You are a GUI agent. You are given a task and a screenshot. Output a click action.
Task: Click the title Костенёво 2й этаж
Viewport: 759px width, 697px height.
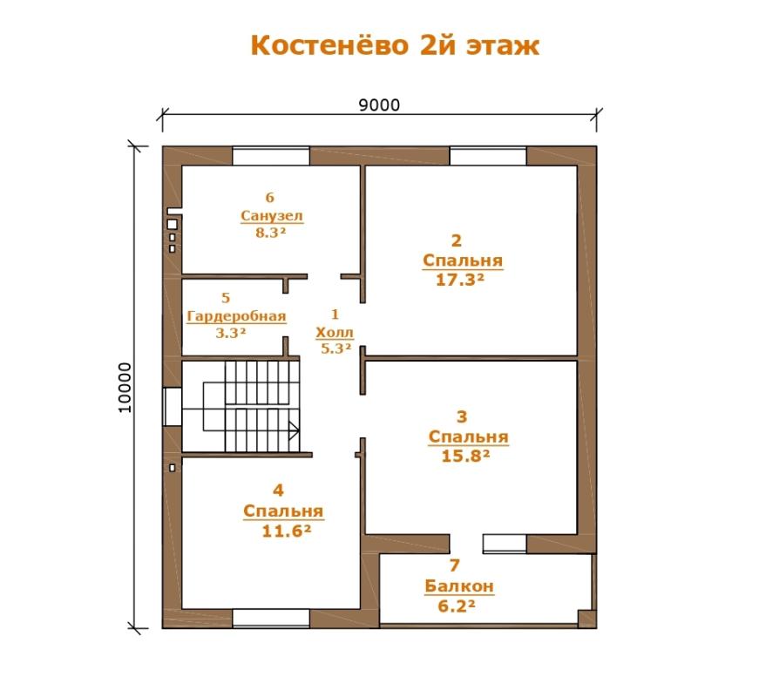pos(395,45)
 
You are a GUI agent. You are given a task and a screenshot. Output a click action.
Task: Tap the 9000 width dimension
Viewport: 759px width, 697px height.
pos(379,105)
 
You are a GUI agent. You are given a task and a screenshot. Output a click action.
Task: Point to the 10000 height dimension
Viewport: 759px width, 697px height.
pos(125,388)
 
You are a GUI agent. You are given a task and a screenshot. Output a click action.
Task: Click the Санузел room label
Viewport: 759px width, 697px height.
pos(272,215)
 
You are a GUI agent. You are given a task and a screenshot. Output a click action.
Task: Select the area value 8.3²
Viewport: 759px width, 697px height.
pos(271,233)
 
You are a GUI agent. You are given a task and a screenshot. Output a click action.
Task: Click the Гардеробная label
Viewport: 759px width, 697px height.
pos(236,316)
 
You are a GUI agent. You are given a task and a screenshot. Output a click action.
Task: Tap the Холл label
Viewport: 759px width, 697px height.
pos(335,333)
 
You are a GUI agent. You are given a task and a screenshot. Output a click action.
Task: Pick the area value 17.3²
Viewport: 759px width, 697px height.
pos(460,280)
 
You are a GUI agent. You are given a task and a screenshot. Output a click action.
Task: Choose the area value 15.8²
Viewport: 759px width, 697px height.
pos(465,456)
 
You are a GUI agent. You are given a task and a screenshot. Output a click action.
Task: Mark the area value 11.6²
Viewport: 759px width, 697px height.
pos(286,531)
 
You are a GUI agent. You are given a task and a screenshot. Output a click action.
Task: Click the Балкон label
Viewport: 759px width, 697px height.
pos(459,586)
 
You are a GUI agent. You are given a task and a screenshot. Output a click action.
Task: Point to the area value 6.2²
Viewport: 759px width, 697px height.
pos(457,606)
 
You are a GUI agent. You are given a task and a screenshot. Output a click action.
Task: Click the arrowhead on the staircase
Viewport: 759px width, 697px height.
pos(294,430)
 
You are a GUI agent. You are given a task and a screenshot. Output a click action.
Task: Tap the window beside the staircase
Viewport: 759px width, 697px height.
pos(173,407)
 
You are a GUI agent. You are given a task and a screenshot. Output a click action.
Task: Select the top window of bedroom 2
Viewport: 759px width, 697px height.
pos(488,156)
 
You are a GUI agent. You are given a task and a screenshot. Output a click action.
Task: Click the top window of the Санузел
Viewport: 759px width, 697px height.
pos(271,156)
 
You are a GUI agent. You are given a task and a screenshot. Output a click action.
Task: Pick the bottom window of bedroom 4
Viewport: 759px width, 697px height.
pos(271,618)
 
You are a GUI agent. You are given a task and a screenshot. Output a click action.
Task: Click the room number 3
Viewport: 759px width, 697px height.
pos(462,416)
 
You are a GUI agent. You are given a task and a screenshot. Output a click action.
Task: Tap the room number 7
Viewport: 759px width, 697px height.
pos(454,565)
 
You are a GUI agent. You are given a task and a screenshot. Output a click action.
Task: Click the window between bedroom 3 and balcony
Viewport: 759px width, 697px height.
pos(505,544)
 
